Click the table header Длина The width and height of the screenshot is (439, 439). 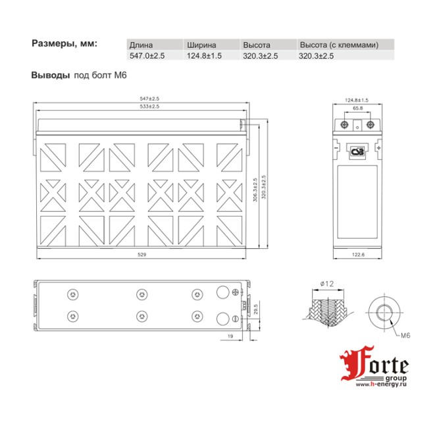(141, 45)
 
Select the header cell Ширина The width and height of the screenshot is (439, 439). (200, 45)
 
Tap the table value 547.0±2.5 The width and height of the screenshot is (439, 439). (147, 56)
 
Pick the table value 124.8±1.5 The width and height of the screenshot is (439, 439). (203, 56)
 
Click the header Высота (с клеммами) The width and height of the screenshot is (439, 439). (338, 45)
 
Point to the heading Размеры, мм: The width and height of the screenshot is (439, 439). (65, 43)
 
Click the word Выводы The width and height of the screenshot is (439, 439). (50, 75)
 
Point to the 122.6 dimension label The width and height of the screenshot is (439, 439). (357, 255)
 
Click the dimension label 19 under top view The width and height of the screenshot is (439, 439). (230, 336)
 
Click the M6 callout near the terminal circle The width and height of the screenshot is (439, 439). (406, 336)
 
